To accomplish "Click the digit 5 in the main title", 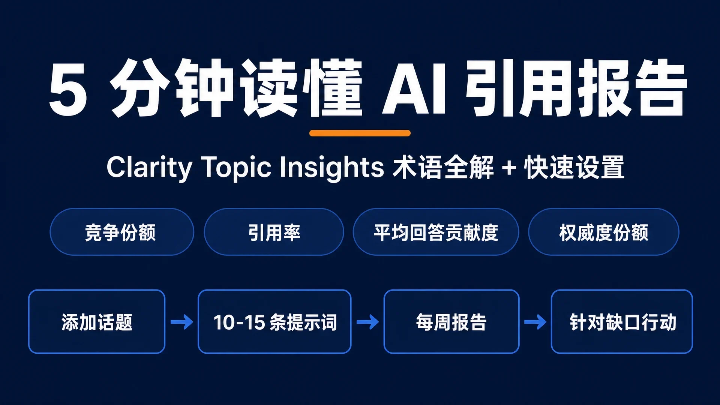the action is tap(68, 89).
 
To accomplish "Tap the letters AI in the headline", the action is tap(414, 89).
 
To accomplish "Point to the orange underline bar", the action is tap(360, 133).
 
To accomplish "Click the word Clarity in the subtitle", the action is tap(149, 167).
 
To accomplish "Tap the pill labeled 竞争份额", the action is tap(122, 232).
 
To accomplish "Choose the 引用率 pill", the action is tap(274, 232).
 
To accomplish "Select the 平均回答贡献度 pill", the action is tap(436, 232).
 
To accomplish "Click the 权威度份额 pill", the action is tap(603, 232).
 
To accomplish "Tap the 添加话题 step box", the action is tap(97, 321).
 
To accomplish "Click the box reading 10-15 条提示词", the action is tap(274, 321).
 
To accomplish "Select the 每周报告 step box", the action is tap(451, 321).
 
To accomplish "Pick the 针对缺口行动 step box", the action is tap(622, 321).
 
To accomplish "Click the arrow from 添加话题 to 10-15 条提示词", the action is tap(182, 322).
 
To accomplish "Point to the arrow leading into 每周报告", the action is tap(367, 322).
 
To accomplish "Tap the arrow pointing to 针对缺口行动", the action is tap(535, 322).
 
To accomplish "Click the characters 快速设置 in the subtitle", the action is tap(574, 168).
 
